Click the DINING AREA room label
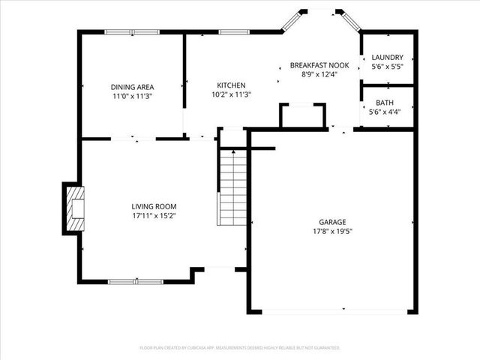tap(132, 88)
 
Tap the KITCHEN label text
tap(230, 85)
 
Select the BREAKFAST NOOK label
tap(319, 66)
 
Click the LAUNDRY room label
tap(388, 58)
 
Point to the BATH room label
tap(385, 103)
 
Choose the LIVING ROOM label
tap(154, 206)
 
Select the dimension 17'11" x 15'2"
tap(154, 216)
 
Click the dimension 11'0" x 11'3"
tap(132, 97)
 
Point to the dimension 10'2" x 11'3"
tap(230, 94)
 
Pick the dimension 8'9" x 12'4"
tap(319, 75)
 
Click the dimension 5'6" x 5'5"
tap(388, 67)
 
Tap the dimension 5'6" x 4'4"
tap(385, 112)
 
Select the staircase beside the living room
tap(233, 187)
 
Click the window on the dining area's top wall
tap(131, 31)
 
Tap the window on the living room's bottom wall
tap(136, 281)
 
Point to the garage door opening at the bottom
tap(334, 310)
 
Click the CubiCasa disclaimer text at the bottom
tap(240, 348)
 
